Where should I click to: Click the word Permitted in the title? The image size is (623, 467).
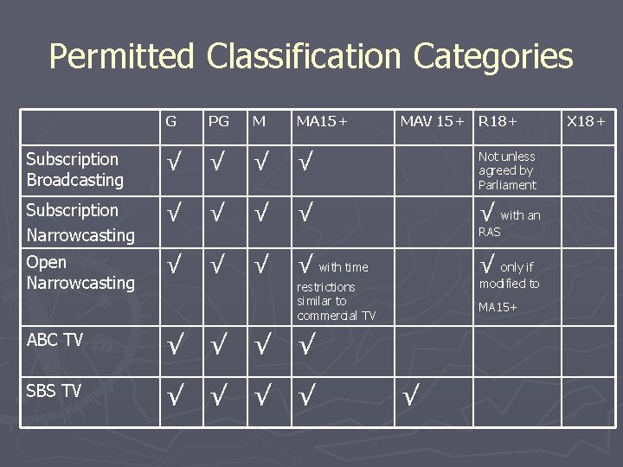[122, 57]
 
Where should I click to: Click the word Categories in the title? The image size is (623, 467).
[493, 57]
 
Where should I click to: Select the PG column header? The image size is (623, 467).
[219, 122]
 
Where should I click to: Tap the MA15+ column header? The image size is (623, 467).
[321, 122]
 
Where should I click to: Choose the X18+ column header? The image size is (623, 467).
[586, 122]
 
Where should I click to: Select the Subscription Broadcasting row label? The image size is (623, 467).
[74, 170]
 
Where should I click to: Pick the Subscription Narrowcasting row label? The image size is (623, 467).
[80, 222]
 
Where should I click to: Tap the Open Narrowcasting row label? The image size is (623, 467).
[80, 272]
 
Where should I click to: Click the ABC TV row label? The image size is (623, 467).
[55, 340]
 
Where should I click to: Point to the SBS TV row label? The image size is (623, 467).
[54, 391]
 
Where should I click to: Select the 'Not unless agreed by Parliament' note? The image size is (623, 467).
[507, 170]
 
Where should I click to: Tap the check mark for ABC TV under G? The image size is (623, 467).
[174, 345]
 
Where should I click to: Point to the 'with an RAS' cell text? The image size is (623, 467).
[511, 221]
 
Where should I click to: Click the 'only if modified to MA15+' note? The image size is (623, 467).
[511, 285]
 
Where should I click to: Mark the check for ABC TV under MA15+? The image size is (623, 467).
[305, 345]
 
